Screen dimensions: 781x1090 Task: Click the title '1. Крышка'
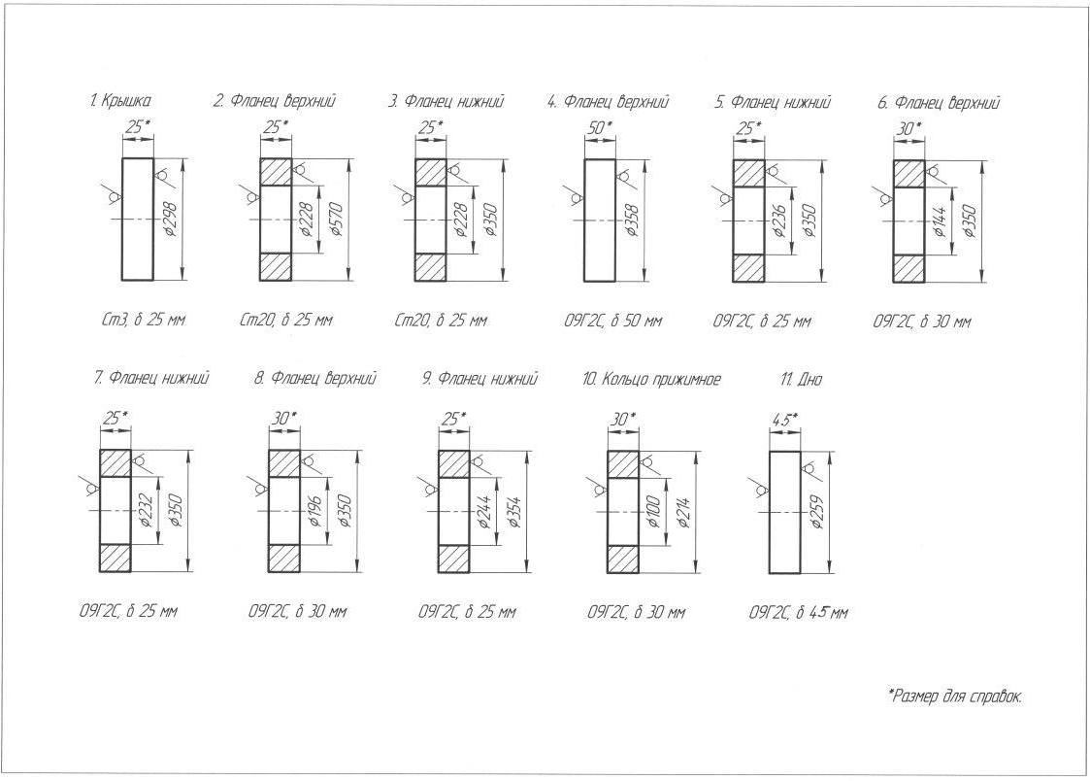pyautogui.click(x=119, y=101)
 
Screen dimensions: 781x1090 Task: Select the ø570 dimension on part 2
pyautogui.click(x=336, y=221)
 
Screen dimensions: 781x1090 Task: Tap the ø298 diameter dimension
pyautogui.click(x=171, y=221)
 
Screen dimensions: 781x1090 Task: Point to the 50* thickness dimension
pyautogui.click(x=599, y=127)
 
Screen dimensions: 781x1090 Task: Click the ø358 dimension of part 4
pyautogui.click(x=632, y=221)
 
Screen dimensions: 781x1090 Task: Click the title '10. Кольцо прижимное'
pyautogui.click(x=651, y=379)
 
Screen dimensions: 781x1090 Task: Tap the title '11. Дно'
pyautogui.click(x=801, y=379)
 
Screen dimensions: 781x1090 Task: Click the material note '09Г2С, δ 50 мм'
pyautogui.click(x=611, y=321)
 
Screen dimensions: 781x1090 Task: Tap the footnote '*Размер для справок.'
pyautogui.click(x=955, y=696)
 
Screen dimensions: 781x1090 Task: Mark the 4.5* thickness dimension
pyautogui.click(x=784, y=419)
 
